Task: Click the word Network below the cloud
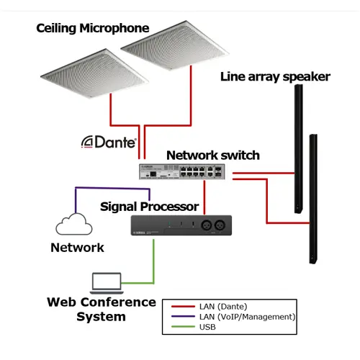click(77, 248)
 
